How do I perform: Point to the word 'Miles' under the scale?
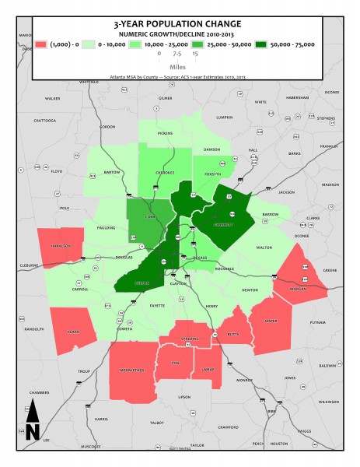[179, 67]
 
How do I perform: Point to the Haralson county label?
[61, 246]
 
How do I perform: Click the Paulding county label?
[107, 228]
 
